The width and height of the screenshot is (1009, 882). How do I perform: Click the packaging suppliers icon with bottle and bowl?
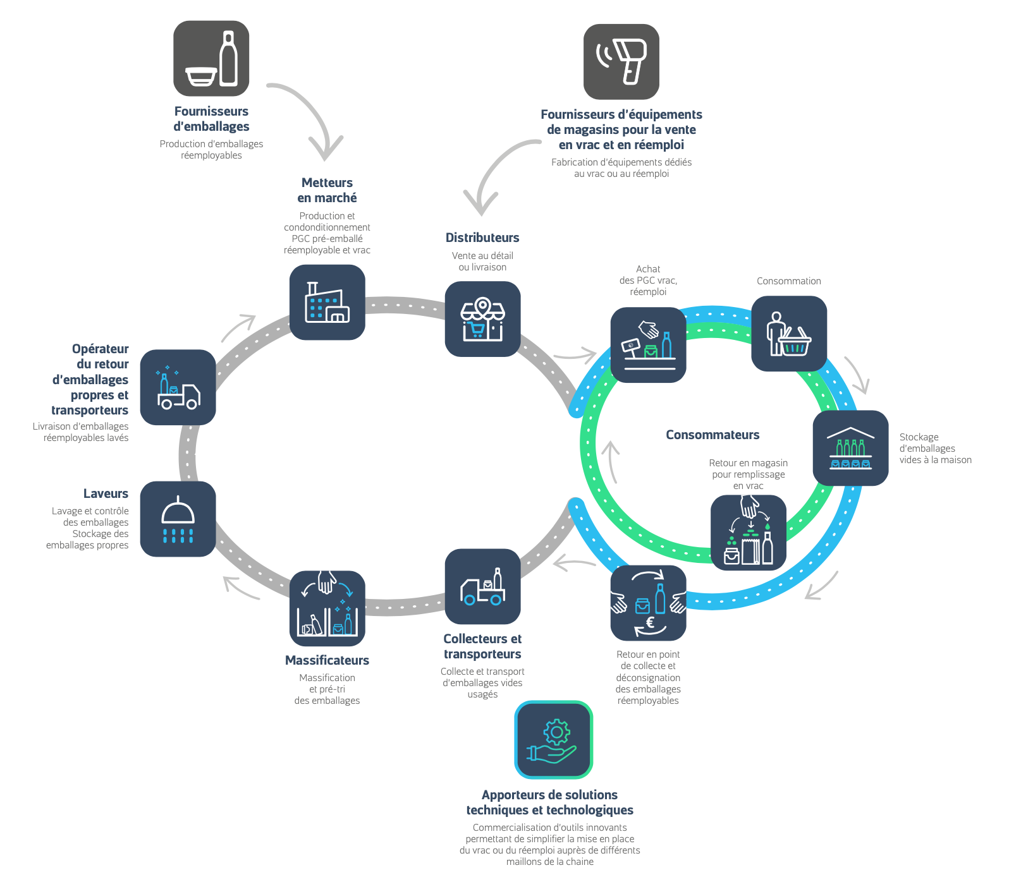pyautogui.click(x=211, y=59)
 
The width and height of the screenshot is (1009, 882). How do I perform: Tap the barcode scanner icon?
pyautogui.click(x=621, y=62)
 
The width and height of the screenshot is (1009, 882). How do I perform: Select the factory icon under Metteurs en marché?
pyautogui.click(x=327, y=303)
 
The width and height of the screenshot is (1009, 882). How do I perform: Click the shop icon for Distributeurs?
pyautogui.click(x=482, y=319)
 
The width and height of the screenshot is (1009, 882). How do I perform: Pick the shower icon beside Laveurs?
pyautogui.click(x=178, y=519)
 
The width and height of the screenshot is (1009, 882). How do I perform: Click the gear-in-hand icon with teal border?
pyautogui.click(x=553, y=740)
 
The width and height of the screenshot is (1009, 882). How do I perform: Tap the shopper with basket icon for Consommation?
pyautogui.click(x=788, y=334)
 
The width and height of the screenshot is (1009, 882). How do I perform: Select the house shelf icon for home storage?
pyautogui.click(x=850, y=448)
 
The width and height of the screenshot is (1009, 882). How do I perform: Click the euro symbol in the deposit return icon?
pyautogui.click(x=650, y=623)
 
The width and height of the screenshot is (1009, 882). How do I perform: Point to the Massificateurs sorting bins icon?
pyautogui.click(x=327, y=608)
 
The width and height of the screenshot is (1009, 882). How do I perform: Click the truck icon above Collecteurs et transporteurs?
pyautogui.click(x=482, y=586)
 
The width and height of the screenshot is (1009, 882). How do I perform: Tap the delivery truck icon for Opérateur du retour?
pyautogui.click(x=178, y=387)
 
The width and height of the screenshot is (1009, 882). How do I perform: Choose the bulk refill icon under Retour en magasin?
pyautogui.click(x=749, y=533)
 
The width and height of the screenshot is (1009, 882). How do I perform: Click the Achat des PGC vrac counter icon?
pyautogui.click(x=648, y=345)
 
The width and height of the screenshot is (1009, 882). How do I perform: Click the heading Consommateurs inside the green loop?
pyautogui.click(x=712, y=435)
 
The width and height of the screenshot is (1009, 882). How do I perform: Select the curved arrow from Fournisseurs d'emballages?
pyautogui.click(x=310, y=117)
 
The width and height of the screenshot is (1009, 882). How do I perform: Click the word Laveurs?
pyautogui.click(x=106, y=493)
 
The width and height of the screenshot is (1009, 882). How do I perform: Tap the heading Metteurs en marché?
pyautogui.click(x=327, y=190)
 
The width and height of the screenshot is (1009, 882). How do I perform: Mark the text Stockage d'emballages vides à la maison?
pyautogui.click(x=935, y=449)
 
